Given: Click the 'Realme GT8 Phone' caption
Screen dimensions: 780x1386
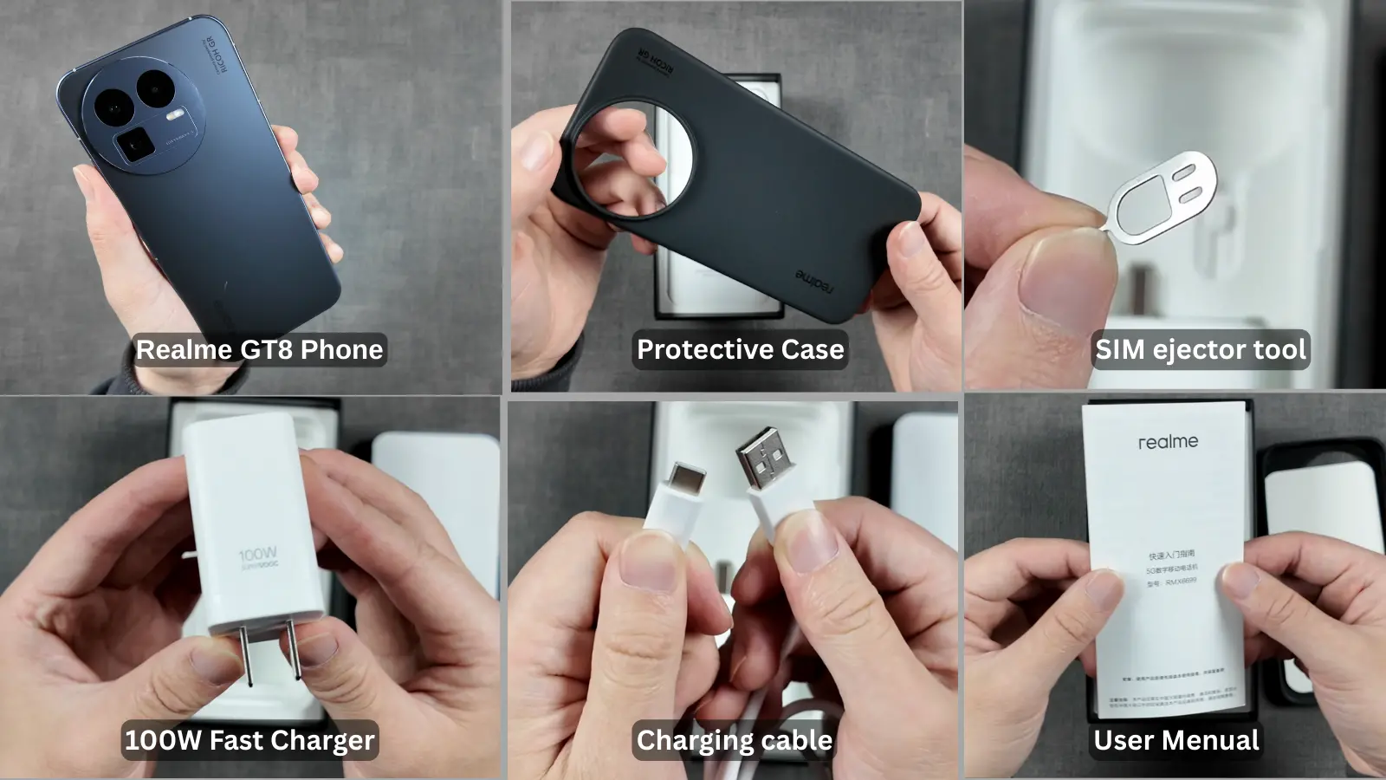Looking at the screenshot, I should point(259,349).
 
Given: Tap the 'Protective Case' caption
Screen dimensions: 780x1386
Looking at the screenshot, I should point(740,349).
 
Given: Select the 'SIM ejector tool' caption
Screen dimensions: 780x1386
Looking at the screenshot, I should point(1200,349).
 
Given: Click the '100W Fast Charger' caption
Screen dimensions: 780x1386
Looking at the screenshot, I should point(249,740).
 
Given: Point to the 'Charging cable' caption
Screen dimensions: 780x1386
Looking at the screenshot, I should point(734,740).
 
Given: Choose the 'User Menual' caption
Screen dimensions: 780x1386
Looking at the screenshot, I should point(1176,740).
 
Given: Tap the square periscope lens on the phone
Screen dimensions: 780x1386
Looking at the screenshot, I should point(135,145).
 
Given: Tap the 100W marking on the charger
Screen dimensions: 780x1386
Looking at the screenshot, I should point(257,554).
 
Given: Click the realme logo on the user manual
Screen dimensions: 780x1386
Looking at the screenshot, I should point(1168,441).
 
